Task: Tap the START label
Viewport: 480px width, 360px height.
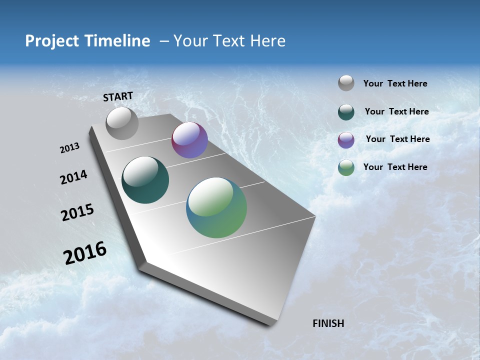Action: [x=118, y=96]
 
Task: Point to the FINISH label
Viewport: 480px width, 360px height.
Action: [x=328, y=323]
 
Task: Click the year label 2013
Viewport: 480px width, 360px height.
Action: [x=69, y=148]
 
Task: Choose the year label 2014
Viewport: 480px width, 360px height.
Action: [x=73, y=177]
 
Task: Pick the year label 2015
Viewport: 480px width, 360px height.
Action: [x=77, y=212]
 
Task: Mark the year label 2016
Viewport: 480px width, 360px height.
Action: [x=85, y=253]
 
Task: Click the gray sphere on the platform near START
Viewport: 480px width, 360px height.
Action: [x=122, y=123]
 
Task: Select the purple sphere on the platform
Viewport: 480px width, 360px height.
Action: [x=189, y=140]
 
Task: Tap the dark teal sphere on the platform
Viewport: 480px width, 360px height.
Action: [x=145, y=180]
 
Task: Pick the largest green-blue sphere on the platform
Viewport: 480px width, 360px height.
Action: [x=216, y=207]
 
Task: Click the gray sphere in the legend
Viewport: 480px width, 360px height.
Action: [x=346, y=83]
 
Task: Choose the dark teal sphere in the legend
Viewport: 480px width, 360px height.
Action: [x=346, y=112]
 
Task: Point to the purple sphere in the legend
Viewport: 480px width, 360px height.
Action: [x=346, y=140]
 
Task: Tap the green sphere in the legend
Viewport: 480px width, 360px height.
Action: [x=346, y=167]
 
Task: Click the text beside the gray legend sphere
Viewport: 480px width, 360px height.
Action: [x=395, y=84]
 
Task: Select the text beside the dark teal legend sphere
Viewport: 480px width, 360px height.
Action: [x=396, y=111]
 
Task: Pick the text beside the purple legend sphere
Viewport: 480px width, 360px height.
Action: [x=397, y=139]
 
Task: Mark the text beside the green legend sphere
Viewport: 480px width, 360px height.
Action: [x=395, y=167]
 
